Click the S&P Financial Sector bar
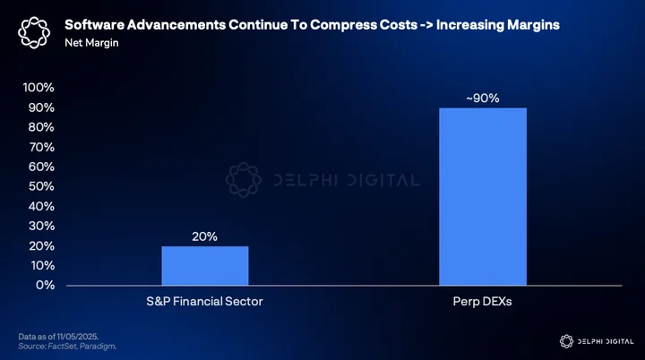tap(205, 266)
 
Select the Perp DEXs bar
tap(483, 197)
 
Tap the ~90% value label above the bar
tap(483, 99)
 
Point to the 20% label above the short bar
tap(204, 236)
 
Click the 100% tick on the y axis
tap(39, 87)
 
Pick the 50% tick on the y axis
tap(41, 186)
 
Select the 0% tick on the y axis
tap(46, 285)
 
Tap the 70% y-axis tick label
tap(41, 147)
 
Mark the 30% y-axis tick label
tap(41, 226)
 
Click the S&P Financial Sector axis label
tap(204, 302)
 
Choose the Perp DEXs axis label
tap(482, 302)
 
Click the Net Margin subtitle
tap(91, 43)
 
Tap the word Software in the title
tap(95, 25)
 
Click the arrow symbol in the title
tap(426, 25)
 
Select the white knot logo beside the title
tap(34, 32)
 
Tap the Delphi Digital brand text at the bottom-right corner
tap(606, 341)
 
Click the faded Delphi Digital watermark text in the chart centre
tap(347, 180)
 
